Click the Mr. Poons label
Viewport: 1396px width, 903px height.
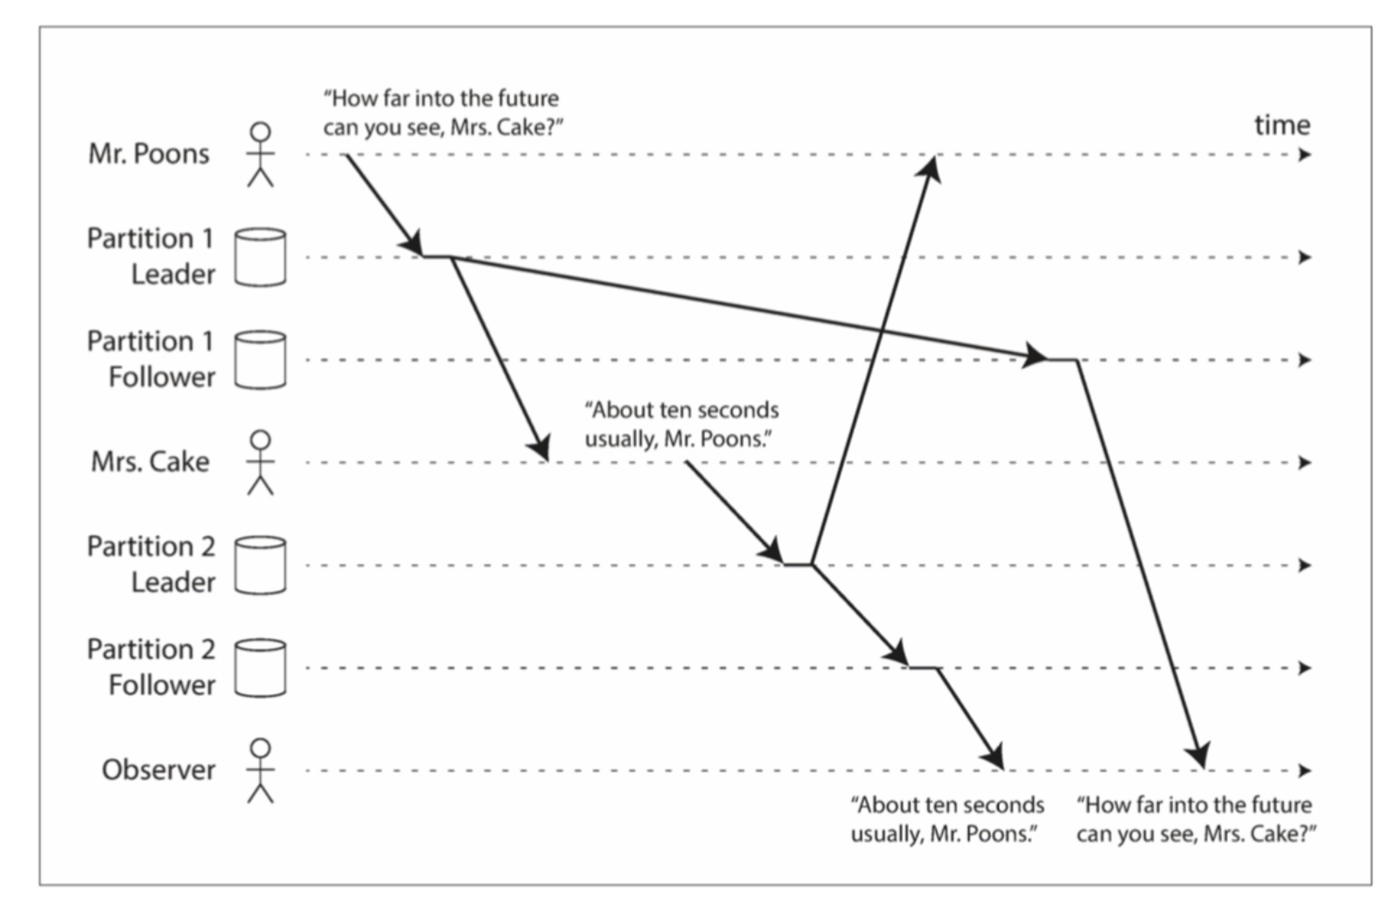(149, 154)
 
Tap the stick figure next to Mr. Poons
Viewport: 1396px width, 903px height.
(260, 154)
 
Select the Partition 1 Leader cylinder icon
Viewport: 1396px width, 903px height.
(260, 257)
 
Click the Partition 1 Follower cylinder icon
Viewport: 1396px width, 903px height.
(260, 360)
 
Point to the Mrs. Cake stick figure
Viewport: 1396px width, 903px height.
(260, 462)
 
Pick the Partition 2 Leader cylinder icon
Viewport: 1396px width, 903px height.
(260, 565)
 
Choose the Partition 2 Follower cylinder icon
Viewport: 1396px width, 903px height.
(260, 668)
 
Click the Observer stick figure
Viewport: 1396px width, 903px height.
(260, 770)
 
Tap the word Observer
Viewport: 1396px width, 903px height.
(158, 770)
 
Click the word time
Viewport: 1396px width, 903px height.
(1282, 125)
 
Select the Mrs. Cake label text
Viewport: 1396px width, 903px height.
(150, 462)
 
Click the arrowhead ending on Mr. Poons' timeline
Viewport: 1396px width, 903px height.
(932, 166)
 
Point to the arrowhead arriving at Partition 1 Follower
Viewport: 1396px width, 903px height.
(1036, 355)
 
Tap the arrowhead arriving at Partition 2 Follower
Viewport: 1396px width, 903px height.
(898, 654)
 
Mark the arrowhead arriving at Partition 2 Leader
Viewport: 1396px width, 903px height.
(773, 552)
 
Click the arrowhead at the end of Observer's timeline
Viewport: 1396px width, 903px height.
(1305, 770)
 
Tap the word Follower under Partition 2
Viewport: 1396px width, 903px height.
(162, 685)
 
